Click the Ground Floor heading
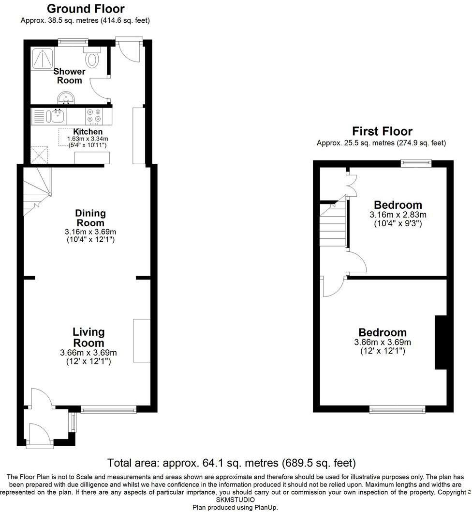86,9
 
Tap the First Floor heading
382,131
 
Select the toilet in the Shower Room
92,59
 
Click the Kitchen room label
88,132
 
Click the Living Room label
88,338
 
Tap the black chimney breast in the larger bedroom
441,343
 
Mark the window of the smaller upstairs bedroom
415,163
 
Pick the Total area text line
232,463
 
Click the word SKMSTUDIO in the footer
236,499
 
